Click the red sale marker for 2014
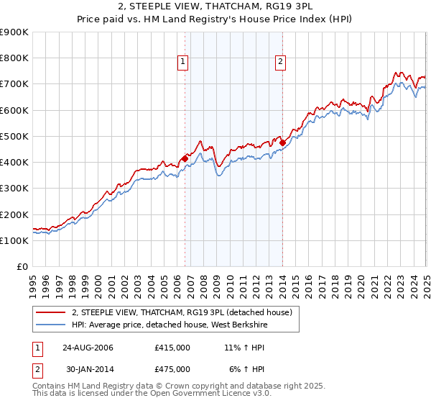coord(282,142)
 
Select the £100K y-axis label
coord(14,240)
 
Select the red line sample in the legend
coord(50,312)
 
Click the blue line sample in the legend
coord(50,325)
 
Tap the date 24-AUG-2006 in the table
coord(88,348)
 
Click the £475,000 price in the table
coord(172,369)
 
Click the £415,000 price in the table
coord(172,348)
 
